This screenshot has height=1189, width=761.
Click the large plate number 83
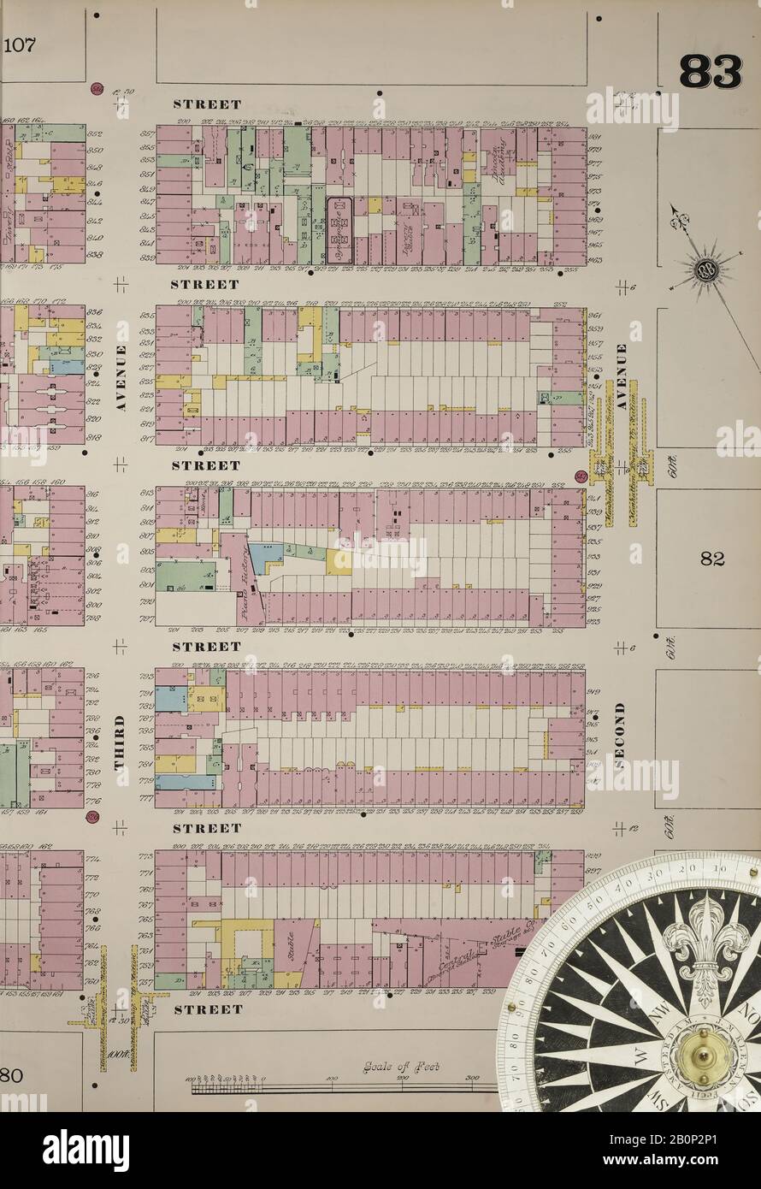point(710,72)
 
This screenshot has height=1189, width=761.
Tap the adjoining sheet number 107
point(19,45)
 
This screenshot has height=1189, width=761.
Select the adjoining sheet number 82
point(711,559)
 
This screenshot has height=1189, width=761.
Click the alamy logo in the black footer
point(86,1150)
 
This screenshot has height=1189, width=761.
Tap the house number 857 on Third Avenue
point(147,133)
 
